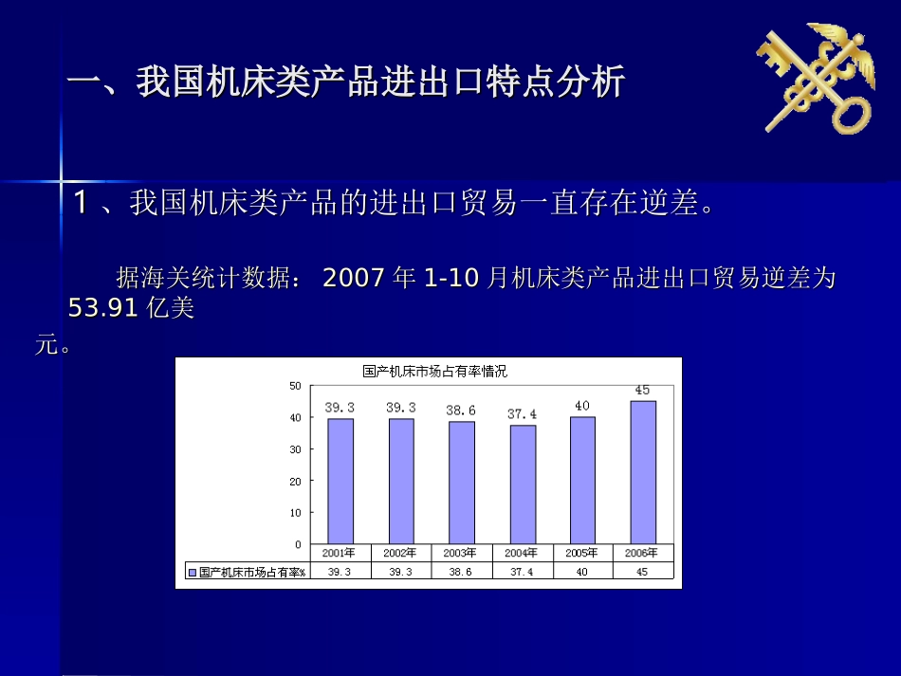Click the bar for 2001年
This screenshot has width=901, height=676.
[340, 481]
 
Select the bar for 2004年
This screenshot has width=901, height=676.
[523, 484]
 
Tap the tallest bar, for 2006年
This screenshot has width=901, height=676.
[643, 472]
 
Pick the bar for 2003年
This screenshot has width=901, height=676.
[462, 482]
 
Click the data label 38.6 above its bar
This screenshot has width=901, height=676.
[461, 411]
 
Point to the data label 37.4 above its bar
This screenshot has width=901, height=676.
[522, 414]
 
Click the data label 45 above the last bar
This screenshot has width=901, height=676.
[642, 390]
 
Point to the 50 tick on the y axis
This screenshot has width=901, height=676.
[295, 386]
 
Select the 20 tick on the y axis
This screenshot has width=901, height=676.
[295, 481]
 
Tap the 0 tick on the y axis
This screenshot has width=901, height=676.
[298, 544]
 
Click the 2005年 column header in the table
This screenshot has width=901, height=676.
[582, 553]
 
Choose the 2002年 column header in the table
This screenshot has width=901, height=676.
[400, 553]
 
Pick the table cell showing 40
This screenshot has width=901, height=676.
[582, 572]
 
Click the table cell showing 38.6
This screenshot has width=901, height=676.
[461, 572]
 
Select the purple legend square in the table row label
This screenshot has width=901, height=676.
[193, 572]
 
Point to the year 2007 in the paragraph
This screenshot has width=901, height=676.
[355, 279]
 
